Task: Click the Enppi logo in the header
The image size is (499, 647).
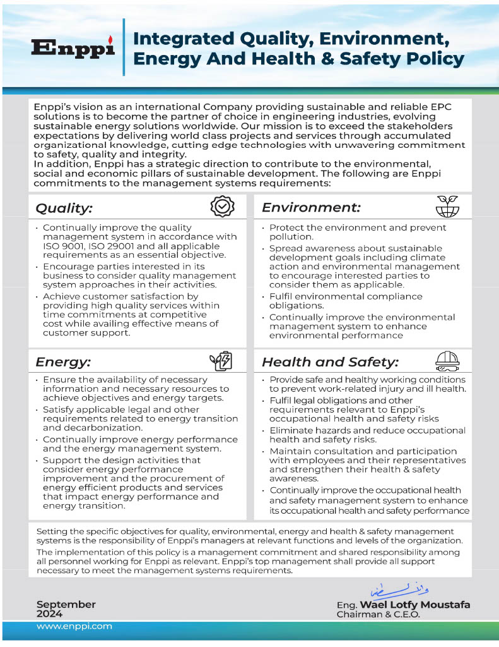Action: click(x=73, y=48)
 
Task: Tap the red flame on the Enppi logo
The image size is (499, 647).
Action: click(x=109, y=39)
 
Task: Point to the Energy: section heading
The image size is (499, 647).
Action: click(x=63, y=362)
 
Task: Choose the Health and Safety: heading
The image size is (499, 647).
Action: click(x=330, y=362)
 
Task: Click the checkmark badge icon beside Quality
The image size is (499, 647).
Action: click(x=222, y=206)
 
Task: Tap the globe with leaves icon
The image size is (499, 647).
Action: click(x=447, y=206)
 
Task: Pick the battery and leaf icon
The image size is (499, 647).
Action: click(x=221, y=361)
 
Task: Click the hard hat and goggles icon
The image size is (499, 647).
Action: click(x=447, y=361)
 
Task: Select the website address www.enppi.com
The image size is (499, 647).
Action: click(x=74, y=626)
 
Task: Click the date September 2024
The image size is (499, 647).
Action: click(x=66, y=609)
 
